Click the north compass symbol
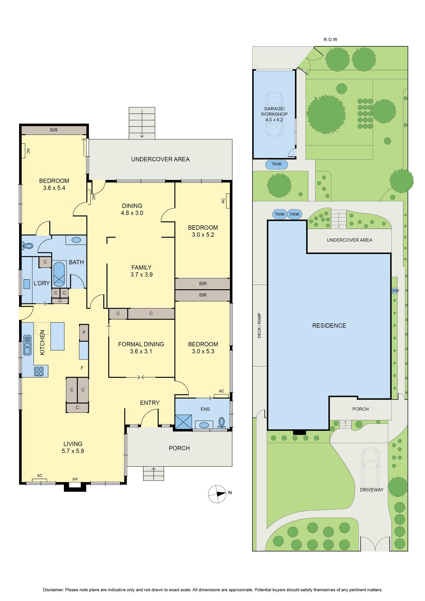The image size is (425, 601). tap(217, 494)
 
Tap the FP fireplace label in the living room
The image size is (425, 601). tap(75, 479)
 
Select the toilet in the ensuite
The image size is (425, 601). tap(222, 423)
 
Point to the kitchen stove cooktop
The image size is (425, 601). tap(39, 371)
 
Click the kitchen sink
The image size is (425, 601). tap(28, 345)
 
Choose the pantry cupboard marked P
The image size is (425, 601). tap(84, 332)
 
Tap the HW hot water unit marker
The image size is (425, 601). tap(396, 291)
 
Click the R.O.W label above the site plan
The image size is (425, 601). tap(330, 39)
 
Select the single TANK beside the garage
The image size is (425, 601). tap(277, 164)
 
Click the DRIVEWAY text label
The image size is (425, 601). tap(371, 490)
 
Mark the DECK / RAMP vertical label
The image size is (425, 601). tap(259, 325)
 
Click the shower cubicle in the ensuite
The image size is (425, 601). tap(183, 422)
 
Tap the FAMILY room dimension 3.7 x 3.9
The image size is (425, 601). tap(141, 275)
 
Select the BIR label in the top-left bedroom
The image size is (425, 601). tap(54, 130)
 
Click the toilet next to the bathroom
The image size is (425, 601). tap(28, 246)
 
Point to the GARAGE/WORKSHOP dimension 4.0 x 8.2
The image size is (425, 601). tap(274, 120)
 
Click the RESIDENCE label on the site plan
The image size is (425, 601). tap(329, 326)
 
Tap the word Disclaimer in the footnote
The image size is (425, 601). tap(53, 590)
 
